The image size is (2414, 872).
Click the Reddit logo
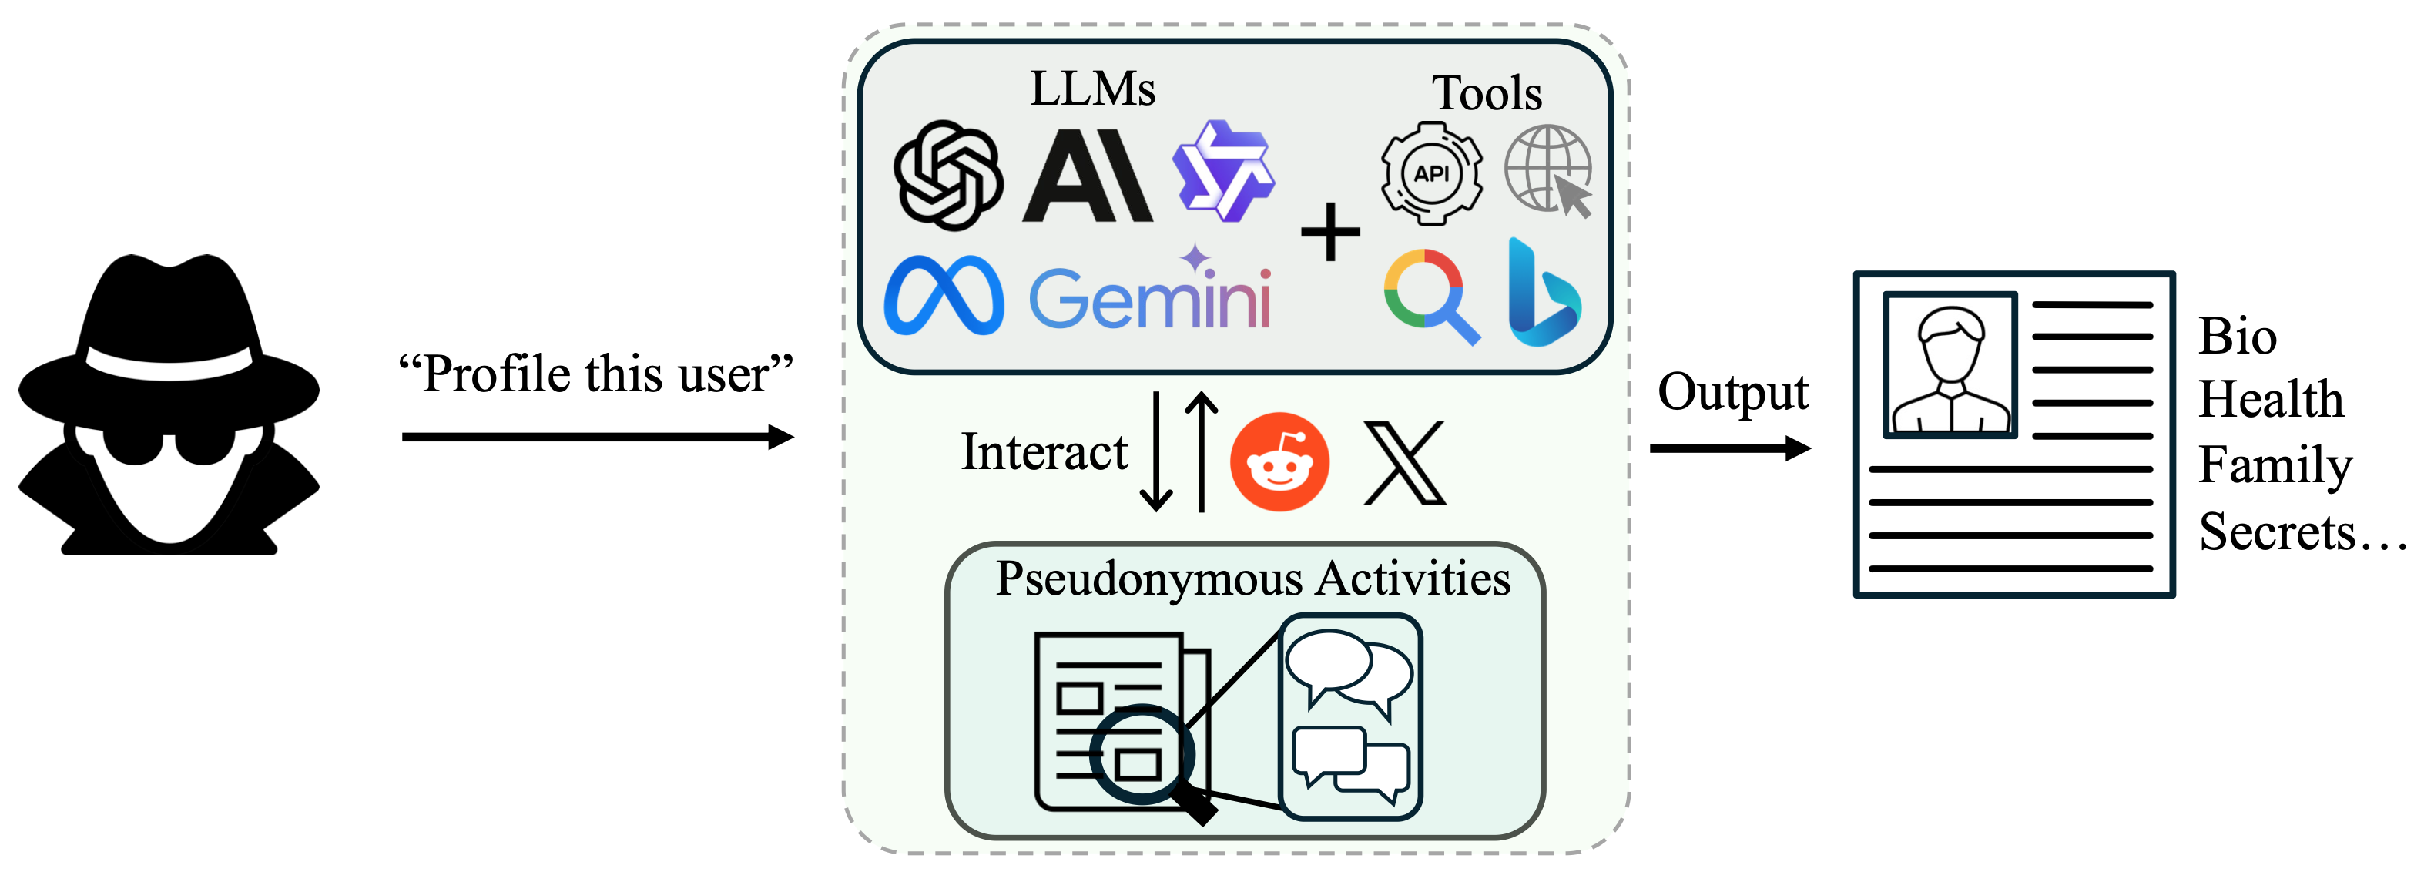point(1279,461)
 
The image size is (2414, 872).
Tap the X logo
point(1403,463)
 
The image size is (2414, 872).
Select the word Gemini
point(1150,297)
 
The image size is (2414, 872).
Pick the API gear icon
point(1431,173)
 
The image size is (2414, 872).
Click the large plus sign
point(1329,232)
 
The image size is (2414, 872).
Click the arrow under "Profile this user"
point(597,437)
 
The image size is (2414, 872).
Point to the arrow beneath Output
point(1729,448)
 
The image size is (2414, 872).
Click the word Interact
point(1044,452)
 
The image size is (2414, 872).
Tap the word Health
point(2271,400)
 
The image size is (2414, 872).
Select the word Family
point(2275,465)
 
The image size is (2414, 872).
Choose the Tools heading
point(1487,93)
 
